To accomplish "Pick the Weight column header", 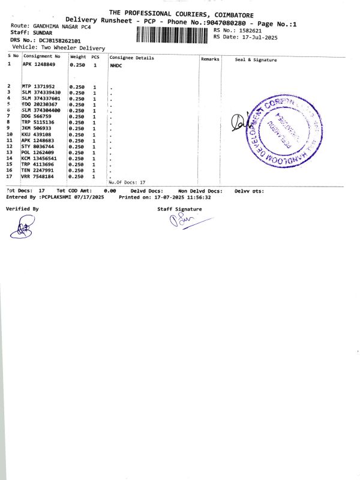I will tap(78, 58).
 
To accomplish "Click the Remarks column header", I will tap(210, 59).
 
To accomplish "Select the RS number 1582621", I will tap(250, 30).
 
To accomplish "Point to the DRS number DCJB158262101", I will tap(60, 40).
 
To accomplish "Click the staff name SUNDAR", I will tap(41, 32).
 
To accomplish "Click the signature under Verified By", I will tap(24, 227).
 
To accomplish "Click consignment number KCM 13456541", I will tap(43, 158).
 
